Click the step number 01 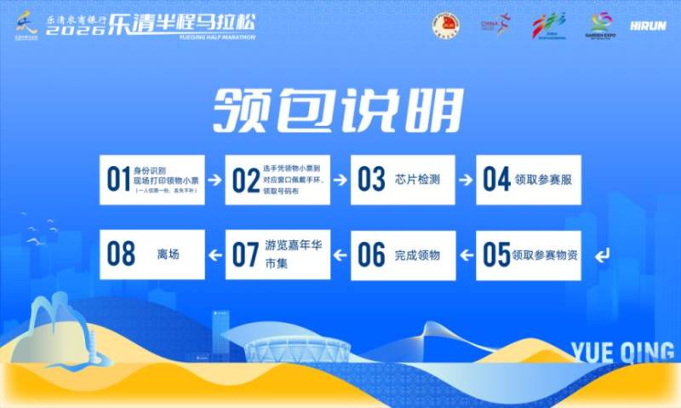117,180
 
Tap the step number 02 244,180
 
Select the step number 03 370,180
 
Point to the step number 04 495,180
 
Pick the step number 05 495,255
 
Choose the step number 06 370,255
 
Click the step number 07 244,255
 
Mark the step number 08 122,255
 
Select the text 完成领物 417,255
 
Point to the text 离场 169,255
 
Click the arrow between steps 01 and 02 215,181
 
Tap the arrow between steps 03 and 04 466,181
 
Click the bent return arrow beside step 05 603,255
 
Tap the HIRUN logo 648,25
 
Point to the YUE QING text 624,351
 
